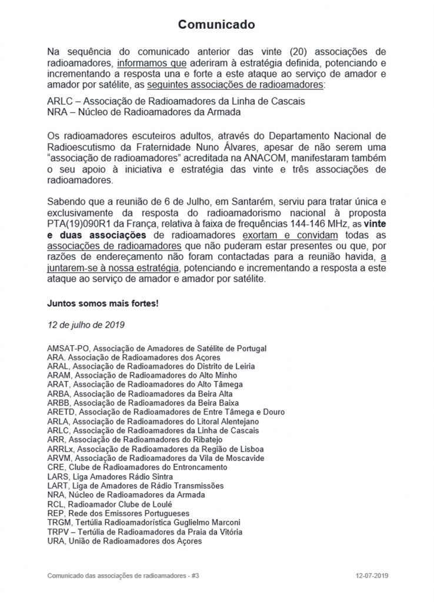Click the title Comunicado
click(x=216, y=25)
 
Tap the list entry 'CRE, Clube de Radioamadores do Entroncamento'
click(x=136, y=467)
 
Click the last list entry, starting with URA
click(x=124, y=541)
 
